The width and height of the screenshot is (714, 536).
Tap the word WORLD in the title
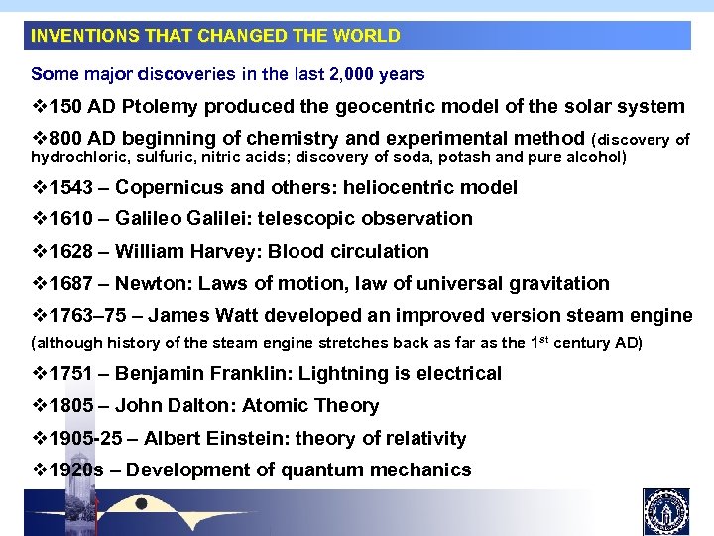coord(367,36)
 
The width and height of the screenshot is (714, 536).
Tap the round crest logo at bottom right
coord(665,511)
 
